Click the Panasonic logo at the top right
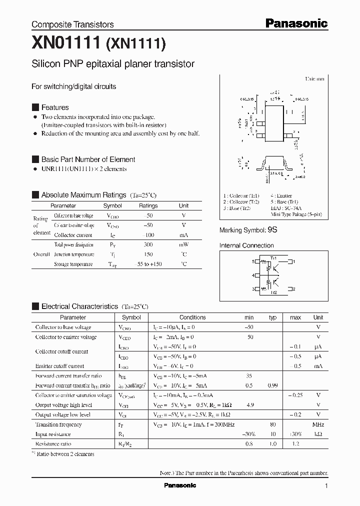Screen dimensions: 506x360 tap(296, 23)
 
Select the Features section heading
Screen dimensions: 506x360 tap(54, 107)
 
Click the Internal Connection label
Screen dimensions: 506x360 tap(246, 245)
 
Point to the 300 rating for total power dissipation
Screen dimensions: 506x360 tap(148, 245)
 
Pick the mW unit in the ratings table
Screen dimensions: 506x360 tap(183, 245)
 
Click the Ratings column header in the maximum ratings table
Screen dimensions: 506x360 tap(148, 205)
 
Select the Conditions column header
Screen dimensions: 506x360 tap(192, 317)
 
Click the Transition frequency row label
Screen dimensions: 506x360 tap(58, 424)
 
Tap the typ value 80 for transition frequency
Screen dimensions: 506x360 tap(272, 424)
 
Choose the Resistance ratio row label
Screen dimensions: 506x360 tap(53, 444)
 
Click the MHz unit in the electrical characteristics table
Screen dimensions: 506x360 tap(318, 424)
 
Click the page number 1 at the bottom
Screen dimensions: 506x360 tap(326, 486)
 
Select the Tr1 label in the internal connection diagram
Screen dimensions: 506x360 tap(273, 257)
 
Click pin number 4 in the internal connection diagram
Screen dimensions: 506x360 tap(253, 275)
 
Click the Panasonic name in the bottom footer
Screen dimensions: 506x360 tap(180, 485)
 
